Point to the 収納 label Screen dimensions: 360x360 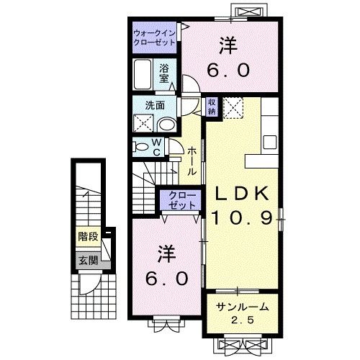pos(213,107)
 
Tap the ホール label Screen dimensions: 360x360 pos(192,162)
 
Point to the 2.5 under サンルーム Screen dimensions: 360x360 pos(243,320)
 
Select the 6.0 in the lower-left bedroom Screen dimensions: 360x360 pos(168,277)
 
